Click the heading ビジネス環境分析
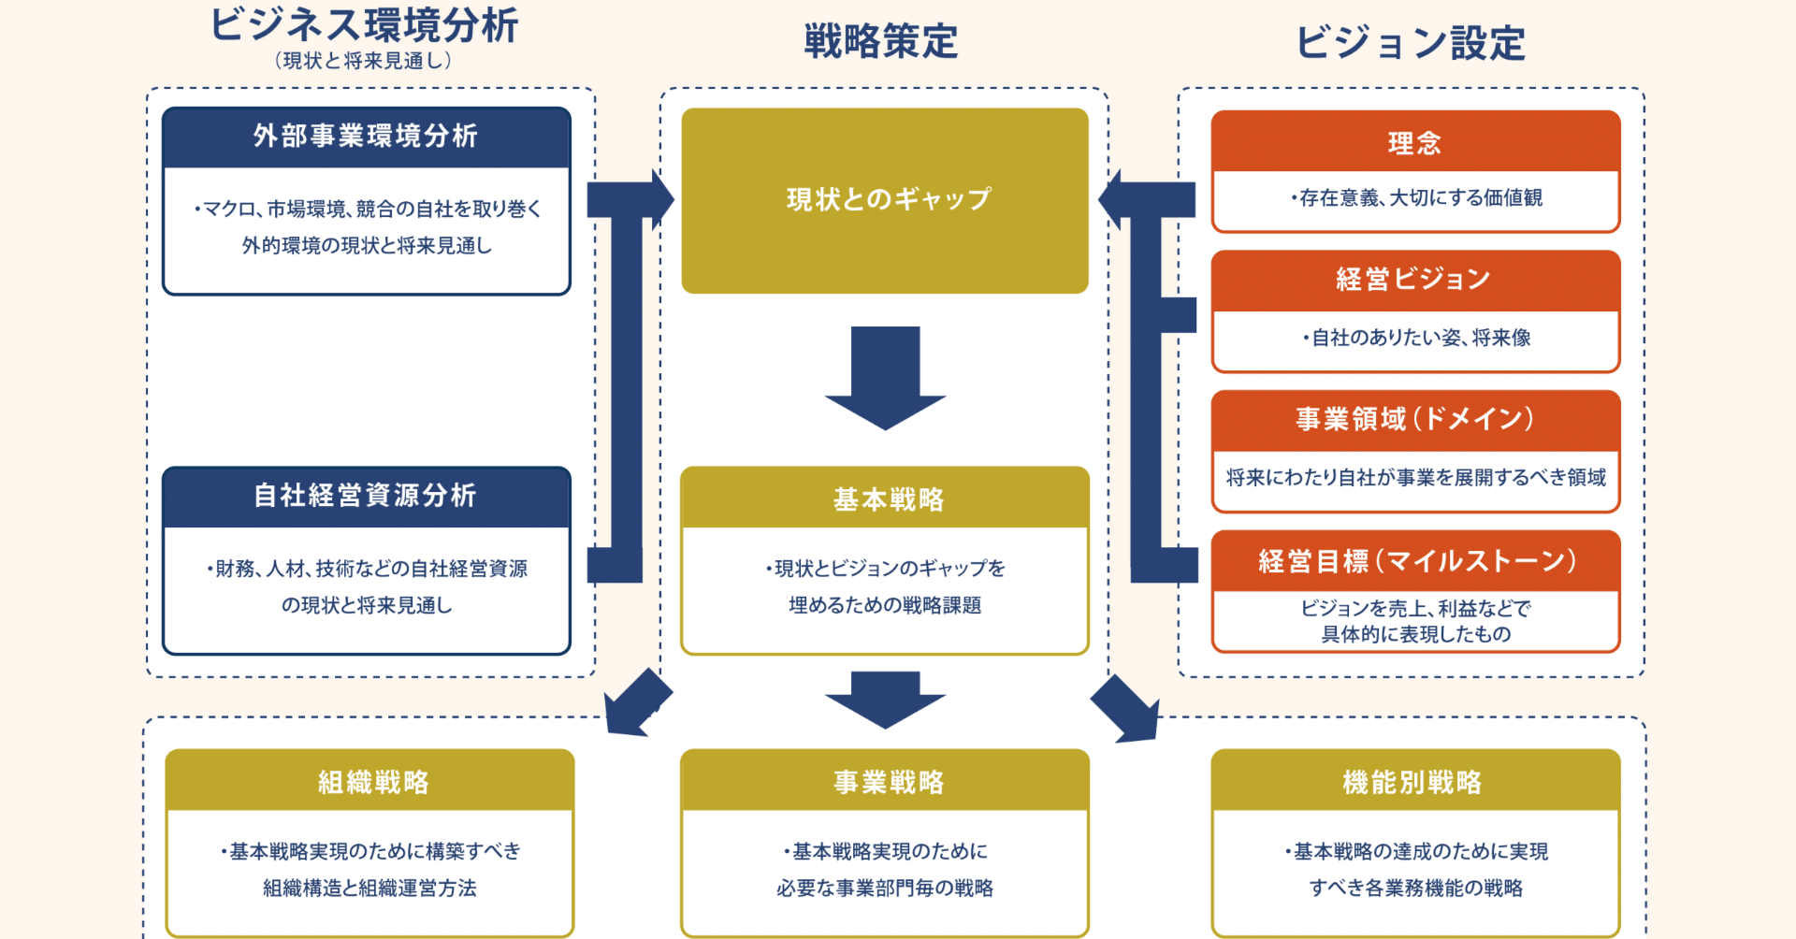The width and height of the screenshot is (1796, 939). click(364, 25)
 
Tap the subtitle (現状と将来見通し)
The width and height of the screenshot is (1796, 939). click(364, 61)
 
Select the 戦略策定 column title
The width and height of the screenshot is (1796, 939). click(881, 42)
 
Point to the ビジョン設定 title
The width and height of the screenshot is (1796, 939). click(1411, 43)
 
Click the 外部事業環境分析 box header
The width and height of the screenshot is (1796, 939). click(366, 137)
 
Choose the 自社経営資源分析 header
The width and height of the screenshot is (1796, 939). click(366, 496)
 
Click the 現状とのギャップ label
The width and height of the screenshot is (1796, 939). click(888, 199)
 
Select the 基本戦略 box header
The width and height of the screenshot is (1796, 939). click(888, 499)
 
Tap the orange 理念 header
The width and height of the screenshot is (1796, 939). click(1414, 143)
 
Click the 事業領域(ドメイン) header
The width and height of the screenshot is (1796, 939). click(1414, 419)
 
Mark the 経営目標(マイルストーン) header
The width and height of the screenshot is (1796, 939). click(1416, 561)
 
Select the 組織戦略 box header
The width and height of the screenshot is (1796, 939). click(372, 782)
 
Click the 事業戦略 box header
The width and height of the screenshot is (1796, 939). click(888, 782)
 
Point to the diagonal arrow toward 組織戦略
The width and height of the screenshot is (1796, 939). click(636, 704)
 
